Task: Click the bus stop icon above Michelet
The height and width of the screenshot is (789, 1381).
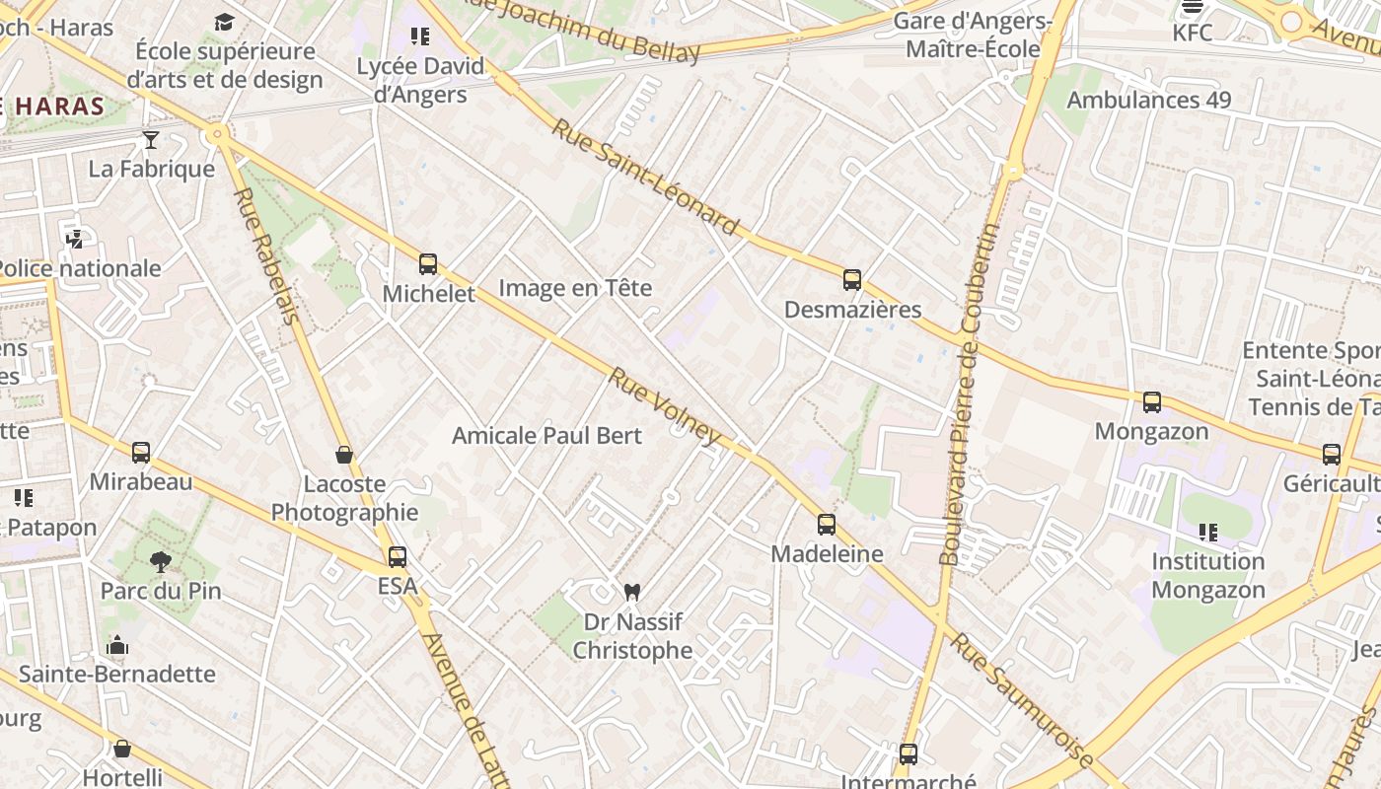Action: [x=428, y=264]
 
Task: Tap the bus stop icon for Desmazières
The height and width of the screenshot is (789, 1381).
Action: [x=852, y=280]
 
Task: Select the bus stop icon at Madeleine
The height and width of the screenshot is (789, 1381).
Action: [x=827, y=525]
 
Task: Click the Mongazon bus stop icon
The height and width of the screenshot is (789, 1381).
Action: [x=1152, y=402]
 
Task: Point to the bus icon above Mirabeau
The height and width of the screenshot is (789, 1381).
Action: [x=141, y=453]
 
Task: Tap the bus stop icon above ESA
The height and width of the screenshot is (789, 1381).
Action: [x=398, y=557]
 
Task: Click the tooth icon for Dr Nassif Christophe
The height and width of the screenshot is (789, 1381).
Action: [x=632, y=592]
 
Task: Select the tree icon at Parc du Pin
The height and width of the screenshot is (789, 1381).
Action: [x=160, y=562]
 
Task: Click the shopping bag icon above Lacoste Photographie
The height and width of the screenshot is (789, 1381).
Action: [x=344, y=455]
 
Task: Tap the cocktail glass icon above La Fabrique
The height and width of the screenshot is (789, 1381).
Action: [x=151, y=140]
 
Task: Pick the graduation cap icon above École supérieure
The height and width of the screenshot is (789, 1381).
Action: [x=225, y=22]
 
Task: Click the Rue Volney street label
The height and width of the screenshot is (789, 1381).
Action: [x=665, y=406]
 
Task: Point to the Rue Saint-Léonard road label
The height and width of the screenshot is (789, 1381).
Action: [x=645, y=178]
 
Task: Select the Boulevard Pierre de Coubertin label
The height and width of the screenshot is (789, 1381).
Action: [x=970, y=394]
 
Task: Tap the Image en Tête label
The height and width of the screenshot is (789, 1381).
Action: [x=575, y=288]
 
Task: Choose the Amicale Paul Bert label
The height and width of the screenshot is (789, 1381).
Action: [x=546, y=436]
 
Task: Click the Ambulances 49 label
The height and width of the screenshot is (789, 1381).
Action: [x=1149, y=101]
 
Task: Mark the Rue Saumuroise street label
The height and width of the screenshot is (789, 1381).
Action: [x=1022, y=700]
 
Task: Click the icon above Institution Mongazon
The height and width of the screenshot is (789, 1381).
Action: [x=1208, y=533]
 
